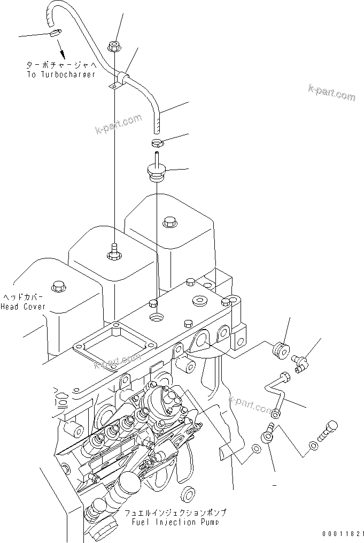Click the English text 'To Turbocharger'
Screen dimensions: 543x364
tap(61, 74)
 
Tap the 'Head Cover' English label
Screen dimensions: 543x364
tap(23, 307)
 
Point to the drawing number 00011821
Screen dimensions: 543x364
tap(343, 534)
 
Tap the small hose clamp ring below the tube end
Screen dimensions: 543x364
tap(157, 142)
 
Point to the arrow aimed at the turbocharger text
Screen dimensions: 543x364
tap(62, 52)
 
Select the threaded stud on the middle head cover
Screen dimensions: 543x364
tap(113, 252)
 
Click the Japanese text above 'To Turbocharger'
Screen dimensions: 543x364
tap(61, 65)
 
